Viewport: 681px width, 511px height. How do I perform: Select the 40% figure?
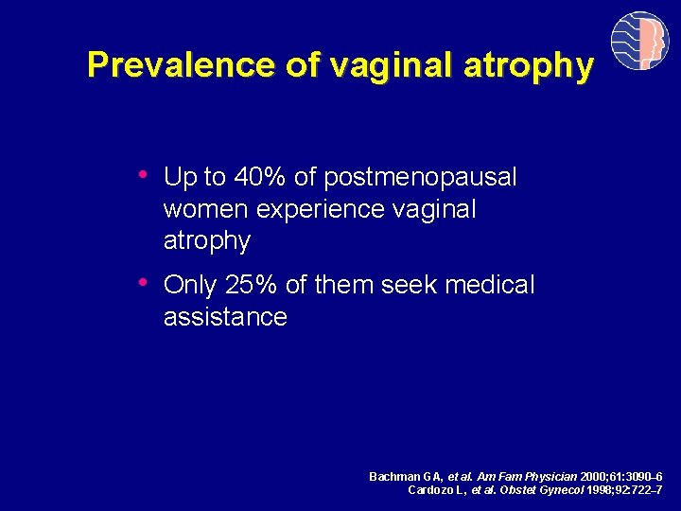click(255, 177)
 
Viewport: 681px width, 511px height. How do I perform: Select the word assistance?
click(225, 317)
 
